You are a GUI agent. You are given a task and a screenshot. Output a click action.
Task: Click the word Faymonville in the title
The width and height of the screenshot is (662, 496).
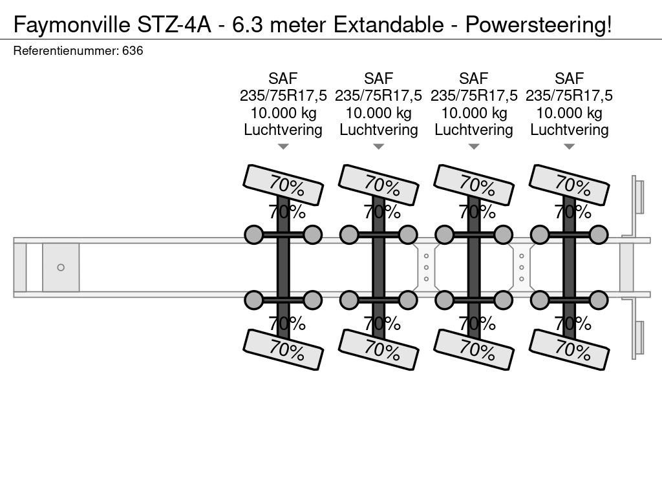click(x=72, y=25)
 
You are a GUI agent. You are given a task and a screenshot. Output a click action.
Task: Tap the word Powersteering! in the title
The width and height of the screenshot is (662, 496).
click(x=539, y=25)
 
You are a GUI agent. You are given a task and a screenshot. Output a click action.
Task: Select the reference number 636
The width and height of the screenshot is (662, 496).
click(x=133, y=50)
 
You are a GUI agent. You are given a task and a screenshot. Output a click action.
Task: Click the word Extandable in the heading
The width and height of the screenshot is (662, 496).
click(x=389, y=25)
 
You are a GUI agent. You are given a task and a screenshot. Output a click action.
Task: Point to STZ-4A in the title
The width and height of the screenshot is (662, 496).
click(x=174, y=25)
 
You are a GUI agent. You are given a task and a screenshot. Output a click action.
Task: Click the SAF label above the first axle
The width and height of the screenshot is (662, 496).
click(x=283, y=78)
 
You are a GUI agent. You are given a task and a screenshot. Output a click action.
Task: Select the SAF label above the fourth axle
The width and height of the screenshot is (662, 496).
click(x=569, y=78)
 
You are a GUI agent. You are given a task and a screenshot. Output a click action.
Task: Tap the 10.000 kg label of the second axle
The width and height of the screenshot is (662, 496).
click(x=379, y=113)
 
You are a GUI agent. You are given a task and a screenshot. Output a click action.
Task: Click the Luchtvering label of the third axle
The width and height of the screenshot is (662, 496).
click(x=474, y=130)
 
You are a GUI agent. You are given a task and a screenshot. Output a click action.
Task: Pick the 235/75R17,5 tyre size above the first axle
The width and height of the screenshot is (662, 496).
click(x=283, y=96)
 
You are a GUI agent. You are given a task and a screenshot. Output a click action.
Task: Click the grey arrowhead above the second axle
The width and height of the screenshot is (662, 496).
click(x=379, y=147)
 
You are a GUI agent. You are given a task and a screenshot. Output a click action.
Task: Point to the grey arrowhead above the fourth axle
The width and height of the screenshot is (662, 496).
click(x=569, y=147)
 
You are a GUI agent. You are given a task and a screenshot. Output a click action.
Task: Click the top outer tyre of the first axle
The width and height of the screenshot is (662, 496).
click(x=283, y=185)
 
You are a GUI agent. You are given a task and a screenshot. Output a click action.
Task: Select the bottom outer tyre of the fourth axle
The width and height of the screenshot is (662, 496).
click(x=569, y=349)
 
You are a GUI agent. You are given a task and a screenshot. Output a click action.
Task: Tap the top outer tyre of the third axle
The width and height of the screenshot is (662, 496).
click(x=474, y=185)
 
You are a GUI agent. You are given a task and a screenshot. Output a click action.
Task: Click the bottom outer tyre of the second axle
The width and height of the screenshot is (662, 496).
click(x=379, y=349)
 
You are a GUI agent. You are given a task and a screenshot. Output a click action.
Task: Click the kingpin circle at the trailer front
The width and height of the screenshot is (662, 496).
click(x=61, y=267)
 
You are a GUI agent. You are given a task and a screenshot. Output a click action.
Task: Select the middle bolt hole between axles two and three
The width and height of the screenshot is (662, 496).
click(x=427, y=267)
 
